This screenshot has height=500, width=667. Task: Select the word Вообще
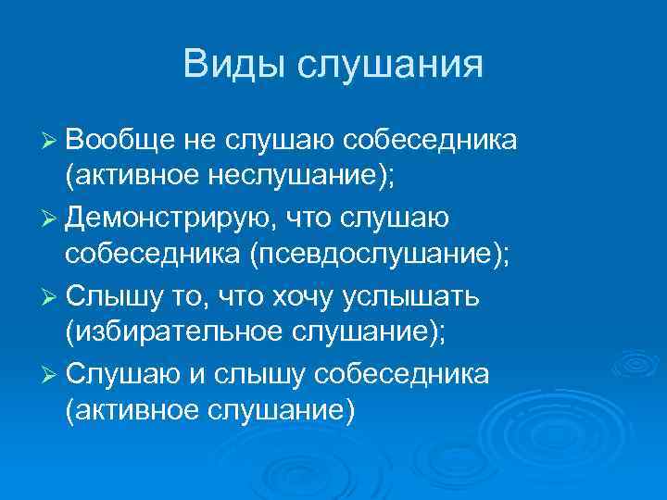click(x=117, y=140)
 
